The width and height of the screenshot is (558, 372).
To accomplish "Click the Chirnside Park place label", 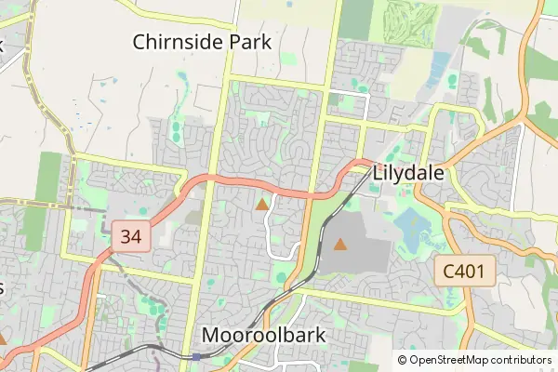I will (x=201, y=41).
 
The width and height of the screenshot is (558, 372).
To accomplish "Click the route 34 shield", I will (x=130, y=236).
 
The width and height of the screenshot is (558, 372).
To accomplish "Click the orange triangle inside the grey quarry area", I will (x=340, y=245).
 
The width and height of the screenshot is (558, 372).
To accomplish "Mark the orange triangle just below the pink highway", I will (x=262, y=204).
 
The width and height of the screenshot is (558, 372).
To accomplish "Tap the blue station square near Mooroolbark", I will (x=197, y=356).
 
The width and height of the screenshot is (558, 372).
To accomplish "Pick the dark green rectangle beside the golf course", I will (x=355, y=19).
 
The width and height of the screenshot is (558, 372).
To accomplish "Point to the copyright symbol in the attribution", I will (x=403, y=360).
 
